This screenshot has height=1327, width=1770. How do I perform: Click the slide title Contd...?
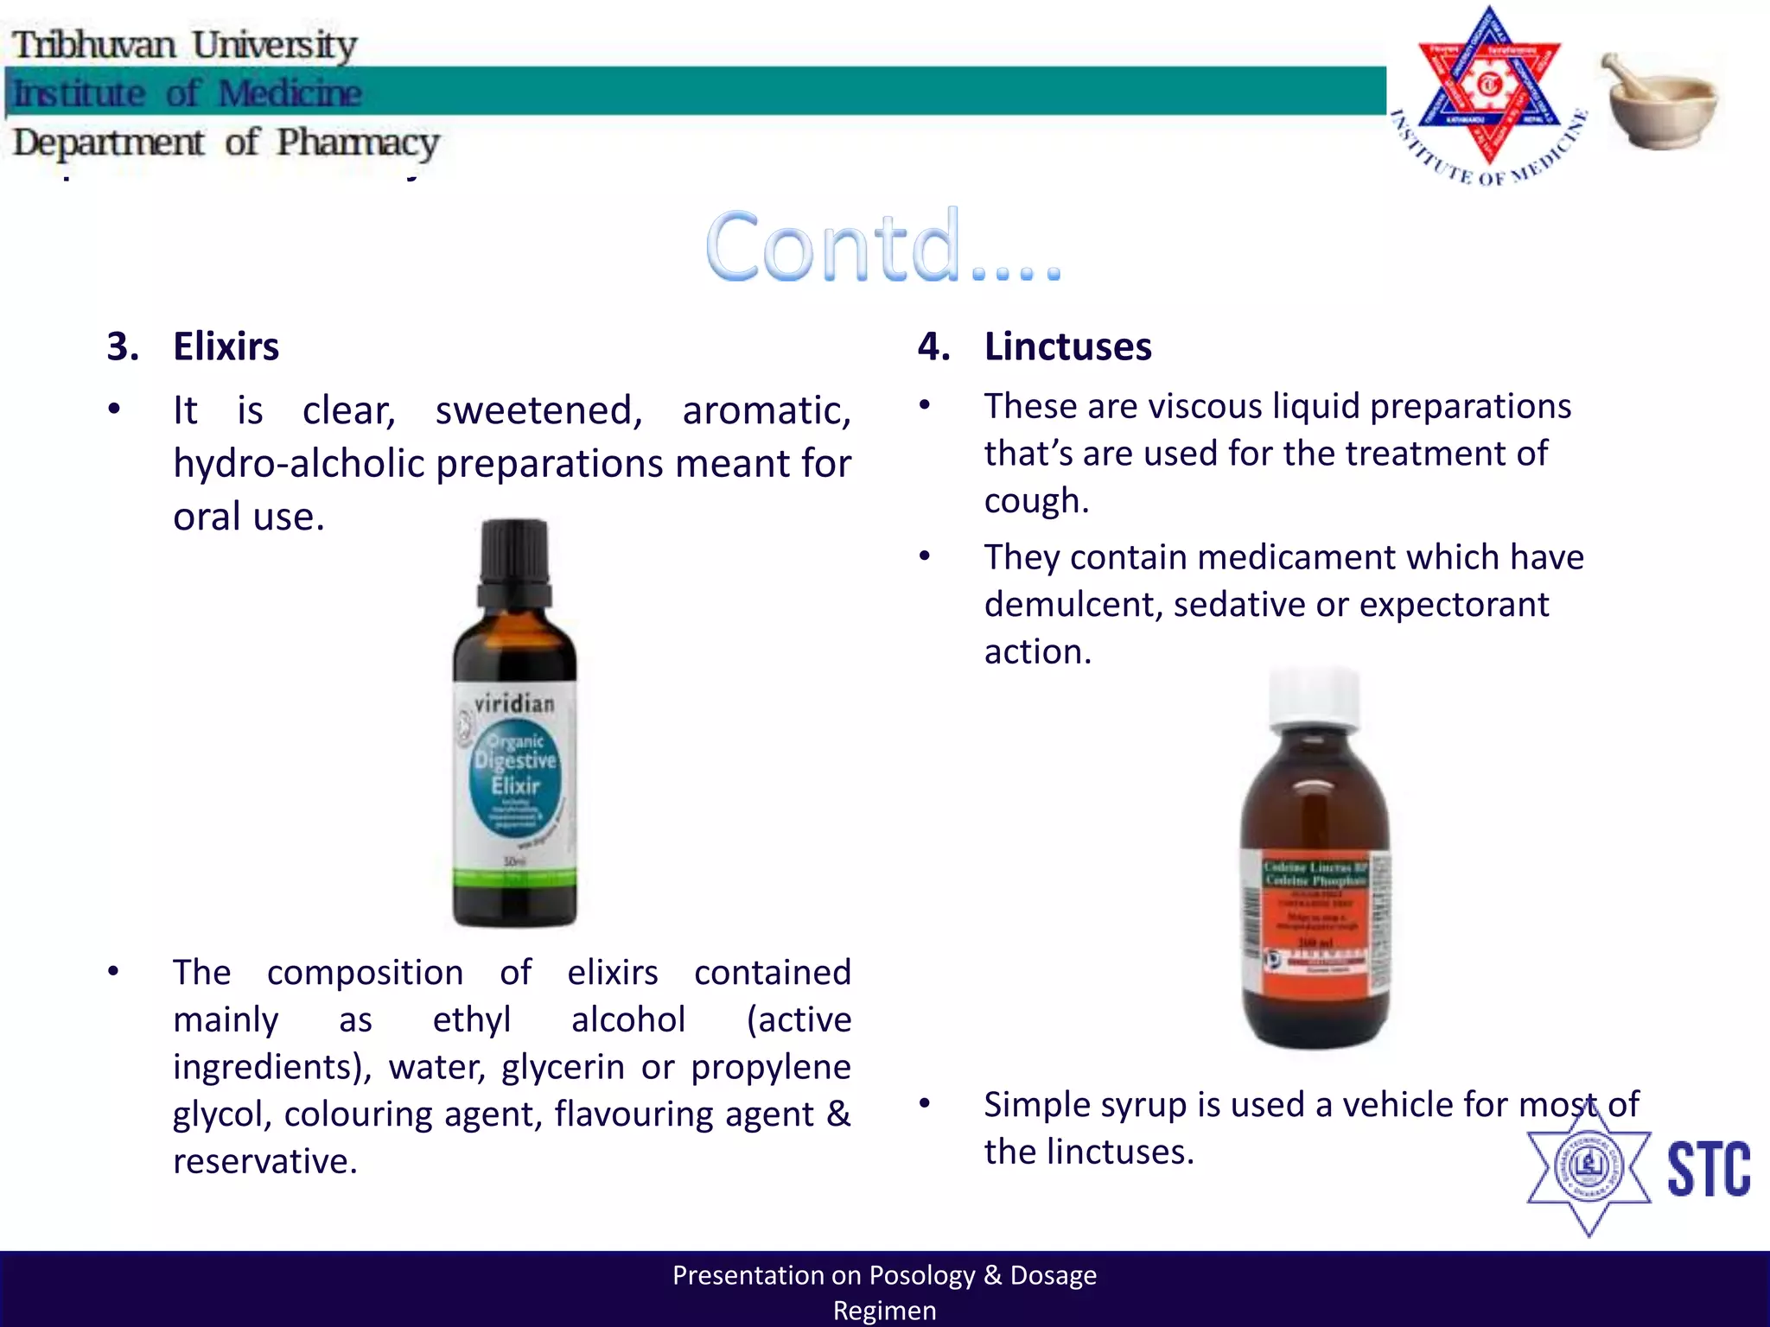point(882,247)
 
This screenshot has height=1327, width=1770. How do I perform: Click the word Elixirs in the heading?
point(226,346)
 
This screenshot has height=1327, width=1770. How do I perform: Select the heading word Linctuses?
point(1067,346)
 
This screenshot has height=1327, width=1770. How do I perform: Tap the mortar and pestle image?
point(1660,102)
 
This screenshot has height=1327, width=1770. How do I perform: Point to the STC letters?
point(1708,1170)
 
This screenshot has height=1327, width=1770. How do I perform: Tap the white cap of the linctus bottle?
point(1314,696)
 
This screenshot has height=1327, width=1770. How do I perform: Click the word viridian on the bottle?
point(514,703)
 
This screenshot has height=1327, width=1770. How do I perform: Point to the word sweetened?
point(538,410)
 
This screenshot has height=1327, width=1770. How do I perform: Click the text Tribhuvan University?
point(184,45)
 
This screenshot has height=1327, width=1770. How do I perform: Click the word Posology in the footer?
point(921,1275)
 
